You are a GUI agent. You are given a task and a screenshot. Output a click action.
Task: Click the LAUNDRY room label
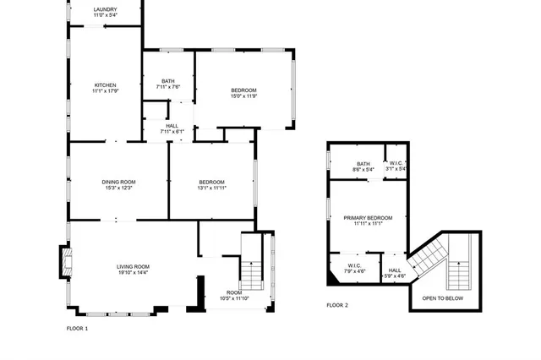click(x=106, y=9)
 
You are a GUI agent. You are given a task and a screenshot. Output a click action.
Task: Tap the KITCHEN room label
click(x=105, y=85)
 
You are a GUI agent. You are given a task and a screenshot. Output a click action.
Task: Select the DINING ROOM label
click(x=119, y=182)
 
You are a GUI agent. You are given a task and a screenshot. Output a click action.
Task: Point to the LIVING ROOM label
click(x=133, y=267)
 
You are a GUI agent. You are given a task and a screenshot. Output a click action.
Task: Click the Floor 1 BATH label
click(x=168, y=81)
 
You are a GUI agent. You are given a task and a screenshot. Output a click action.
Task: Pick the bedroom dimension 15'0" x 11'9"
click(x=243, y=96)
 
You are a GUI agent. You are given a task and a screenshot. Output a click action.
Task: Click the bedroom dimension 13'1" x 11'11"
click(x=211, y=188)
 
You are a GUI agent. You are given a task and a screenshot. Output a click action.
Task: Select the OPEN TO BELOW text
click(x=442, y=298)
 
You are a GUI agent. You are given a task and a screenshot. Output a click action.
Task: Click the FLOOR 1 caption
click(x=77, y=328)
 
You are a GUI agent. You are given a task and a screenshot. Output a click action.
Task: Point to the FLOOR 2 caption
click(x=337, y=305)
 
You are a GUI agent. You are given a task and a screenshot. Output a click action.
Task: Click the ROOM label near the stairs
click(x=233, y=292)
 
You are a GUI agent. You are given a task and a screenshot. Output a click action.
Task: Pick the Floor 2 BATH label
click(x=363, y=163)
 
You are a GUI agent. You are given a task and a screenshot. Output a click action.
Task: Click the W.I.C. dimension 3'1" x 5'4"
click(x=396, y=169)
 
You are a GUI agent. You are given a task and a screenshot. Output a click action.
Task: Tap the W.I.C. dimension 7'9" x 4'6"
click(x=355, y=271)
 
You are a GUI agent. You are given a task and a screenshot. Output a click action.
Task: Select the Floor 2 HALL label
click(x=395, y=270)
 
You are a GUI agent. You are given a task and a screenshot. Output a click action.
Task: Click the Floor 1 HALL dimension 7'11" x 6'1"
click(x=172, y=132)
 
